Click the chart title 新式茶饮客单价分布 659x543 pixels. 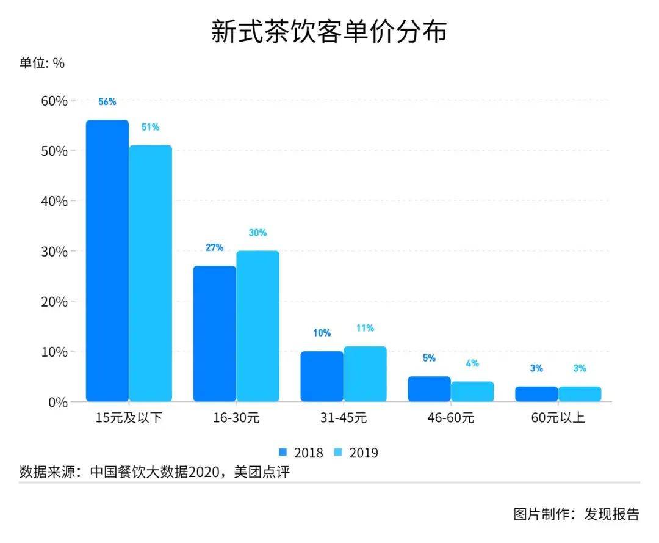(329, 31)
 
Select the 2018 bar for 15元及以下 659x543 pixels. (107, 261)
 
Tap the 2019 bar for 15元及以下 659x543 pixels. (150, 273)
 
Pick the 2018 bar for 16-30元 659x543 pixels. (215, 333)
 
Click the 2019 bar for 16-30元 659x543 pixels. (257, 326)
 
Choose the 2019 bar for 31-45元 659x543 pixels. (365, 374)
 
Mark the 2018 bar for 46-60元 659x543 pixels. (429, 389)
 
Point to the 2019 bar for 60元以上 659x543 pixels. (580, 394)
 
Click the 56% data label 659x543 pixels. (107, 102)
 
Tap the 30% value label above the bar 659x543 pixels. (257, 233)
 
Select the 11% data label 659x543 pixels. (365, 328)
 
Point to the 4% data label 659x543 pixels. (472, 363)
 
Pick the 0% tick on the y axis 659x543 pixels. (57, 402)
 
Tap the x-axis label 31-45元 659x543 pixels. (344, 418)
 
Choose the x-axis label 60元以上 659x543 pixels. (558, 418)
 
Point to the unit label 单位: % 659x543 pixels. (42, 63)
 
